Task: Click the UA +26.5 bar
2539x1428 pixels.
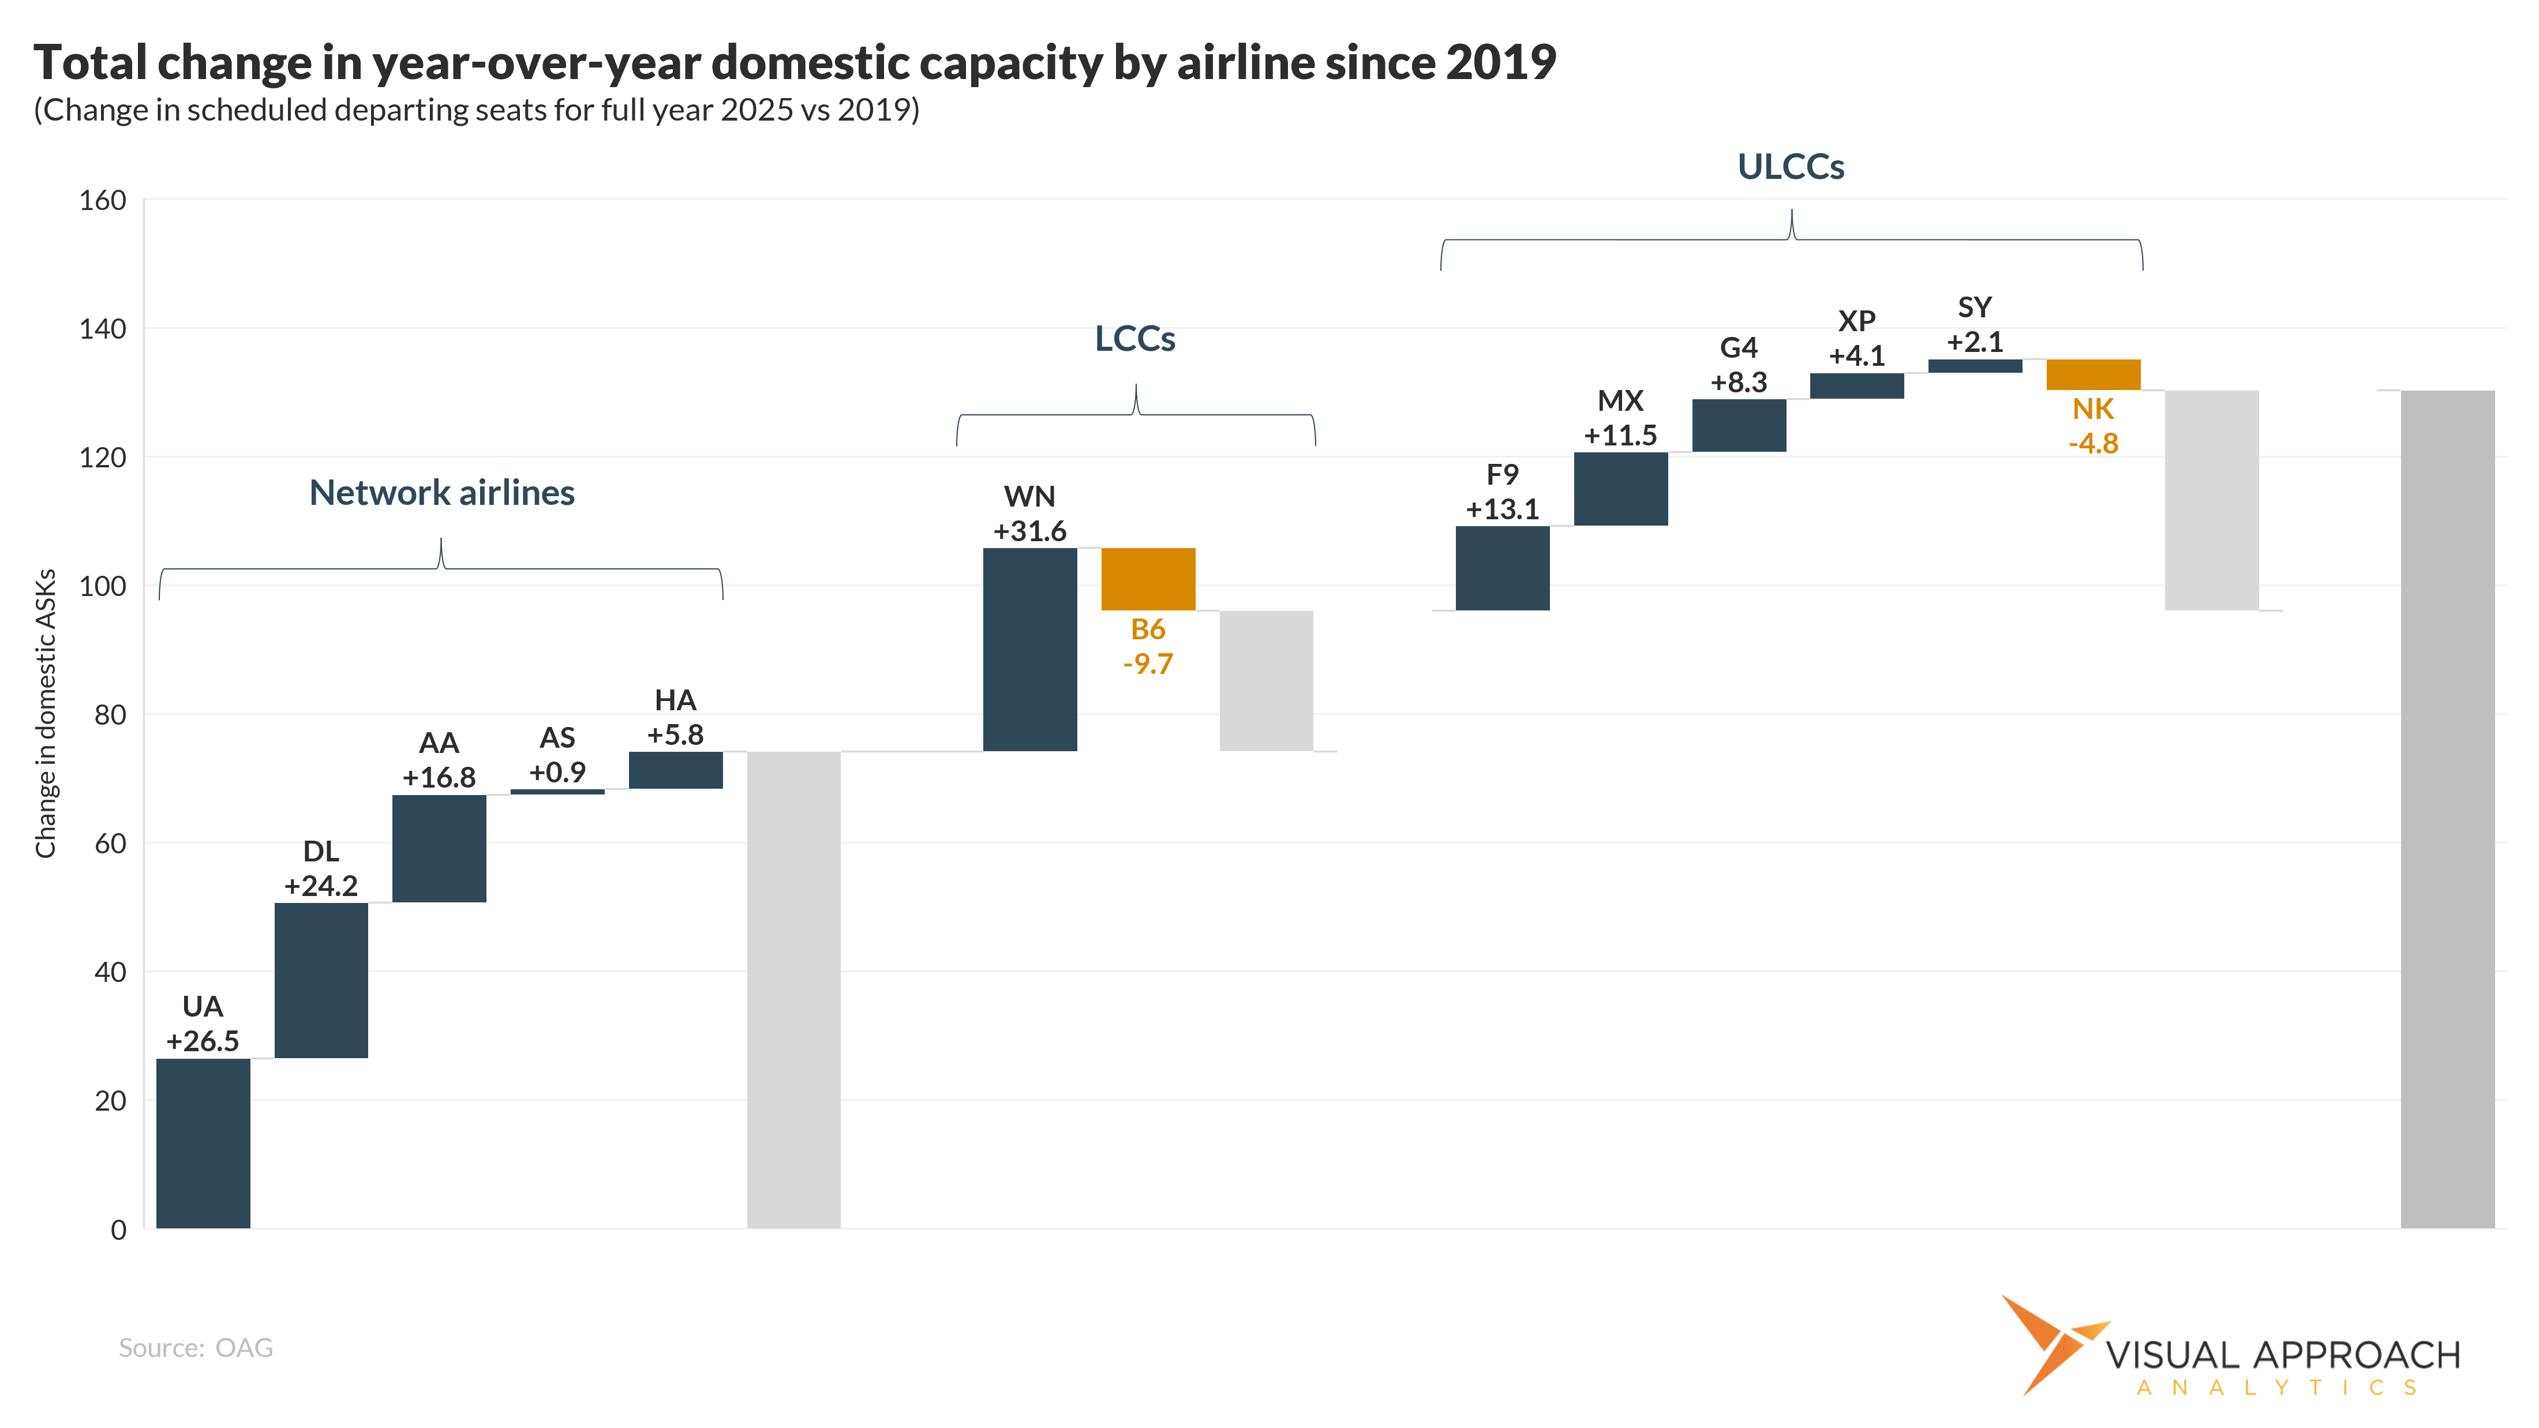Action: (203, 1143)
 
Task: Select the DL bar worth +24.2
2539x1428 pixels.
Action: (321, 981)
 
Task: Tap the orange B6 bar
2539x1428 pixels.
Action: (1148, 579)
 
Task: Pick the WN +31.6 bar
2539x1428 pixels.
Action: (1030, 650)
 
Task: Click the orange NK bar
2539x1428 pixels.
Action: (2094, 374)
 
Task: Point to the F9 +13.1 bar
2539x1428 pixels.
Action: (1502, 569)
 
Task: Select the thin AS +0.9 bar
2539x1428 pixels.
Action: (558, 792)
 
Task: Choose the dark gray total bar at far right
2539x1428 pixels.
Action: (2447, 809)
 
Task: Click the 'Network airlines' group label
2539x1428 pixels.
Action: (441, 493)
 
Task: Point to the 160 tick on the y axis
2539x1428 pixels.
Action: (103, 201)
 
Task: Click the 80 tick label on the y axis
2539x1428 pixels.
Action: (110, 715)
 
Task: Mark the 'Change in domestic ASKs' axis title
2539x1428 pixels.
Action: (46, 714)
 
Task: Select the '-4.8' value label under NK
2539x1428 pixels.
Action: (2094, 444)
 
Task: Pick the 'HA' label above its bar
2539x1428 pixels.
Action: (675, 700)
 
